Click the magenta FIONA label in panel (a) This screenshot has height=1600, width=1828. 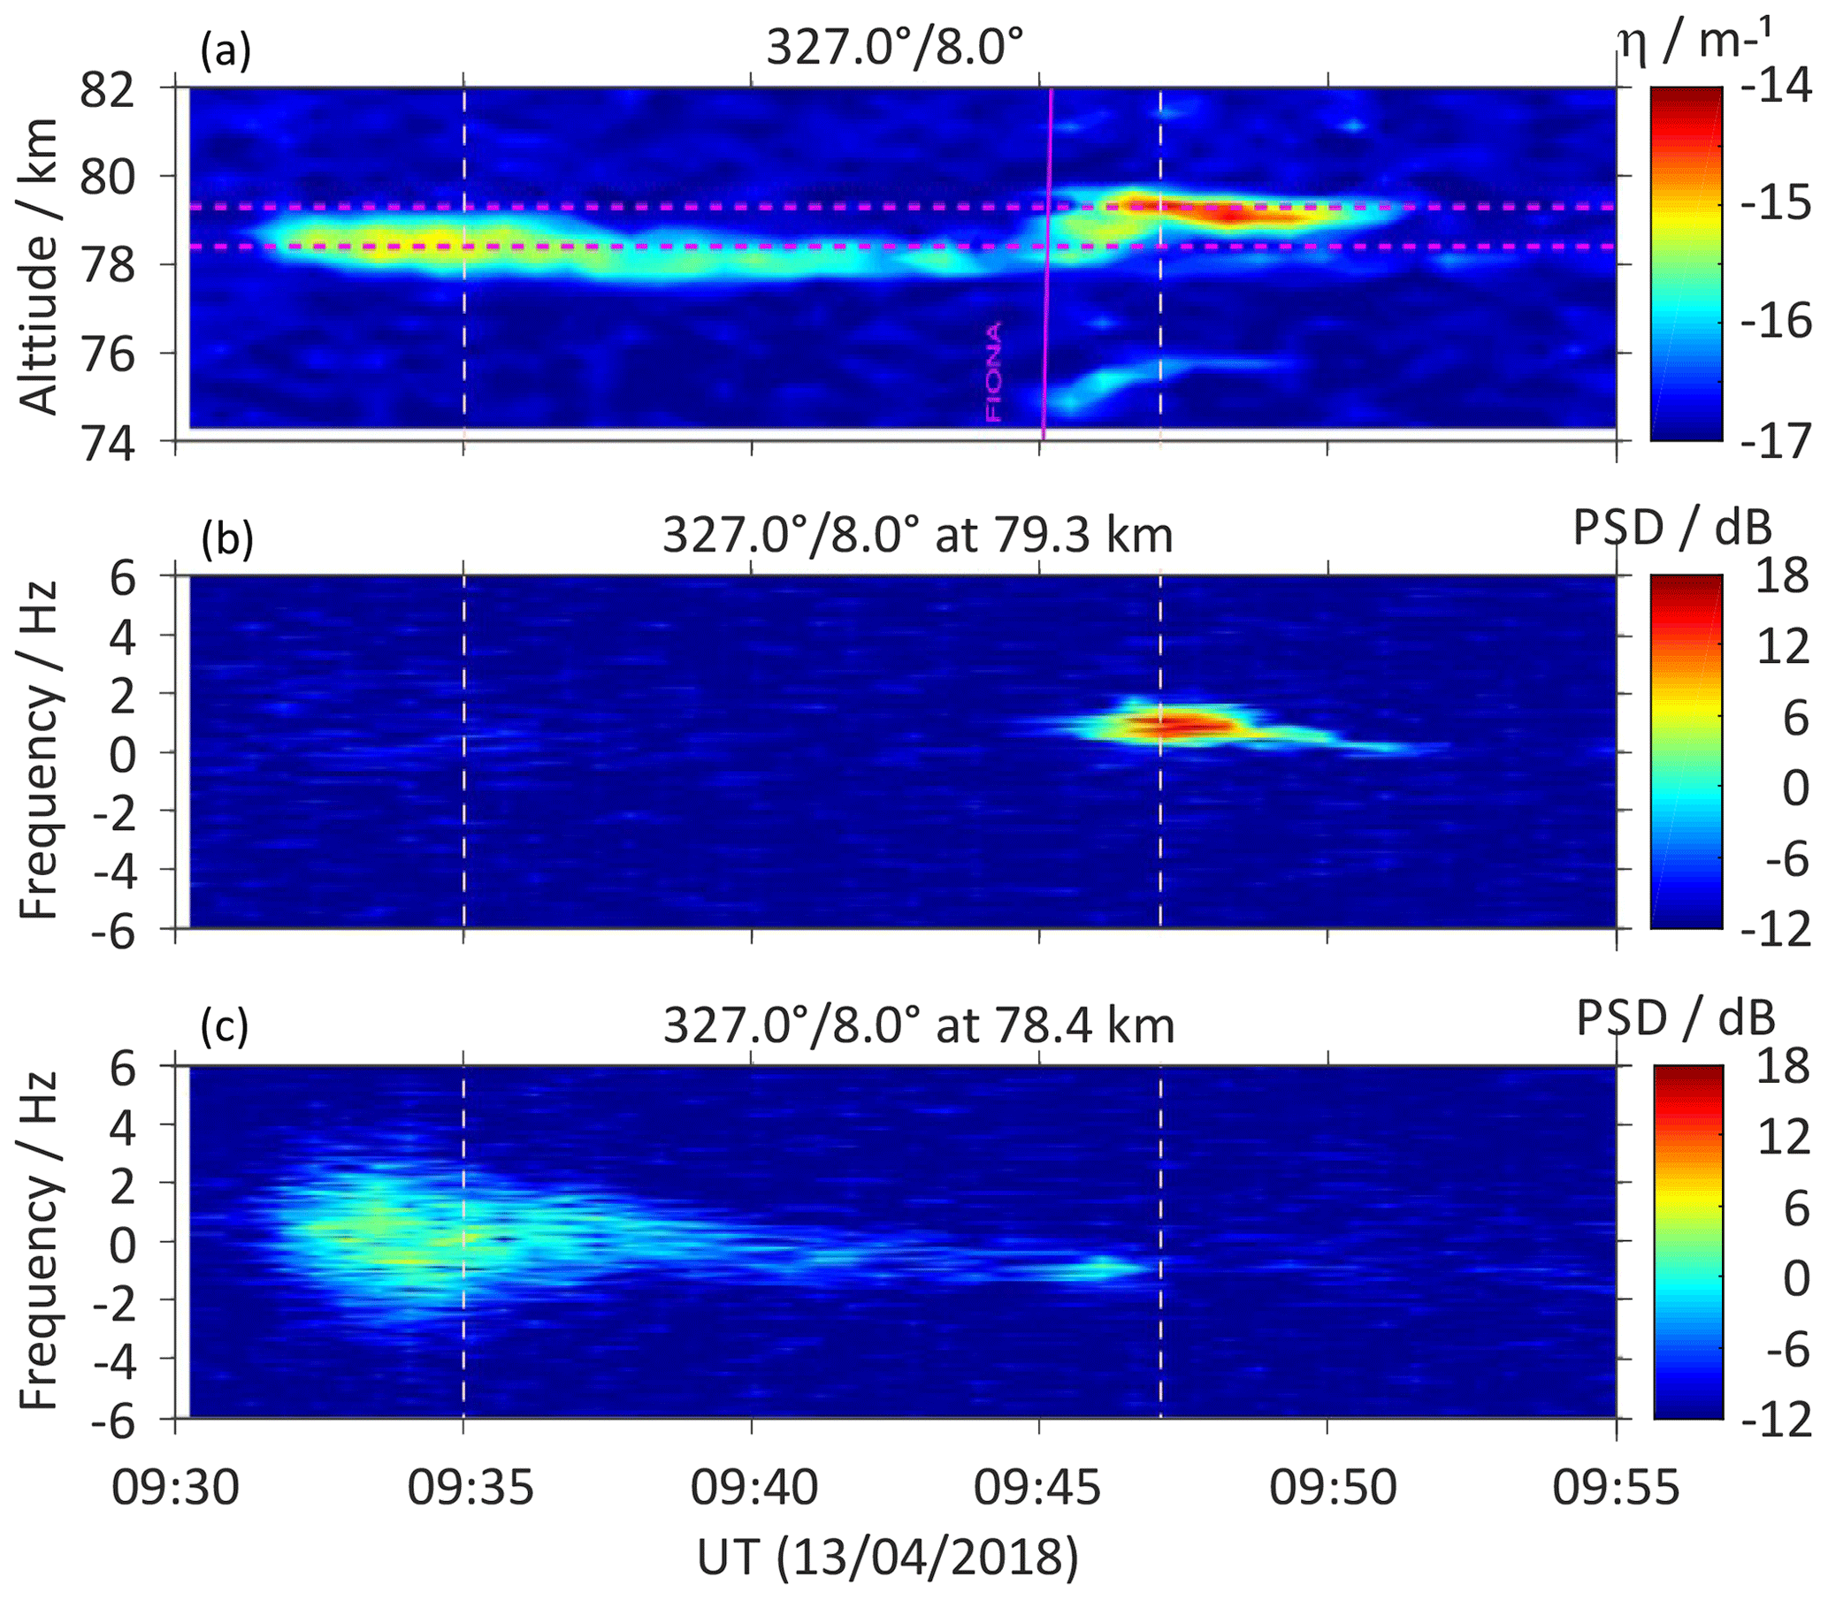coord(993,371)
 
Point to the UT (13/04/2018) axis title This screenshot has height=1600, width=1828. coord(889,1557)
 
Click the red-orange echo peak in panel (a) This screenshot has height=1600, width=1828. coord(1232,214)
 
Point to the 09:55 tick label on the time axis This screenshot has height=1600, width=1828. coord(1616,1489)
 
